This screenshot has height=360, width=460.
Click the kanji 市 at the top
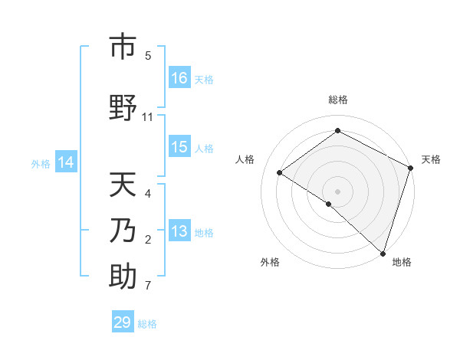tap(123, 47)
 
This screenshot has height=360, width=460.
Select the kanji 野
tap(123, 108)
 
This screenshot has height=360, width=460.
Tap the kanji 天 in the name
tap(123, 185)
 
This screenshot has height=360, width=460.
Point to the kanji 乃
tap(123, 230)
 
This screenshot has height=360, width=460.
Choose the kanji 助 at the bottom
tap(123, 276)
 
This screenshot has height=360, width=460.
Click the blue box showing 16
tap(179, 78)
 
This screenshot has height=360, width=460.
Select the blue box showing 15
tap(179, 148)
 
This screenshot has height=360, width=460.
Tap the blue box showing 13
tap(179, 232)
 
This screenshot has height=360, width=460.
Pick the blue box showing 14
tap(66, 162)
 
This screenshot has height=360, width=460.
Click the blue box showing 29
tap(123, 322)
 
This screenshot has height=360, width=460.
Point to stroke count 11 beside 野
tap(148, 117)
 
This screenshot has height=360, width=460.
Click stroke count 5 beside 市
tap(148, 56)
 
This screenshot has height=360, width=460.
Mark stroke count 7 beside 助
tap(148, 286)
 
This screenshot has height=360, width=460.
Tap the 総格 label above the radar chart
tap(337, 100)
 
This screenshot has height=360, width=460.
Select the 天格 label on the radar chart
tap(431, 159)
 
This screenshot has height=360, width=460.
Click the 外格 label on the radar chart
tap(270, 262)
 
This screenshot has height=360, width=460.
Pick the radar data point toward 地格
tap(383, 253)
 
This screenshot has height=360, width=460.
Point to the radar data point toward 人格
tap(280, 172)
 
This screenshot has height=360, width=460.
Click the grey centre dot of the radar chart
tap(337, 191)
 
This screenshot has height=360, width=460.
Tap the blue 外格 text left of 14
tap(40, 163)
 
